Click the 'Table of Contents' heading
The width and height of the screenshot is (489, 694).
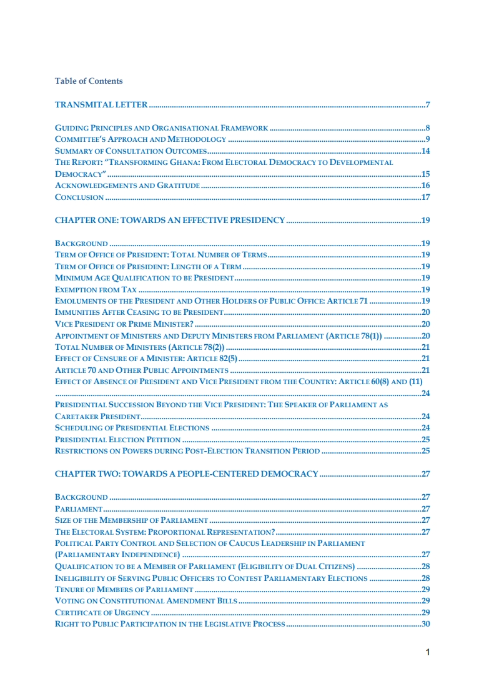pyautogui.click(x=89, y=81)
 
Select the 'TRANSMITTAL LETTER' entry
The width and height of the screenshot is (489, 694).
pyautogui.click(x=101, y=104)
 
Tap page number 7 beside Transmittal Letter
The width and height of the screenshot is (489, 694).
pyautogui.click(x=428, y=104)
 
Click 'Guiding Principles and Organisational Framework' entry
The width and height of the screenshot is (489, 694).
pyautogui.click(x=161, y=128)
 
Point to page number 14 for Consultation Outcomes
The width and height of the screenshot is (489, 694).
pyautogui.click(x=426, y=151)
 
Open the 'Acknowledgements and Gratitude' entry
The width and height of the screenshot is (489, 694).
pyautogui.click(x=127, y=186)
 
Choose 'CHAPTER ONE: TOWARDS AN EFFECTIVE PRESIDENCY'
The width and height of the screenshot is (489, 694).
pyautogui.click(x=170, y=220)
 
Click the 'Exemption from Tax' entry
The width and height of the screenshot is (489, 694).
pyautogui.click(x=96, y=290)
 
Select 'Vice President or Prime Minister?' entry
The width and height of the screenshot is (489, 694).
pyautogui.click(x=124, y=324)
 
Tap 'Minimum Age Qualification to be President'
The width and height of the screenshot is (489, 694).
pyautogui.click(x=144, y=278)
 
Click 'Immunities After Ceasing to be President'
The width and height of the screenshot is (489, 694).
pyautogui.click(x=139, y=312)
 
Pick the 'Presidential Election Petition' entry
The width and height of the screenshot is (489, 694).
pyautogui.click(x=118, y=439)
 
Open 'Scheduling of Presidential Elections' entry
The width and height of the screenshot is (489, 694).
pyautogui.click(x=132, y=428)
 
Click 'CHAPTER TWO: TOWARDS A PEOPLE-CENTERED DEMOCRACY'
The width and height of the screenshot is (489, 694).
pyautogui.click(x=187, y=473)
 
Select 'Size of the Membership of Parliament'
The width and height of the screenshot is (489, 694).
pyautogui.click(x=131, y=520)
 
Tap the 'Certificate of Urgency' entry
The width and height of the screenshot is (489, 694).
pyautogui.click(x=102, y=612)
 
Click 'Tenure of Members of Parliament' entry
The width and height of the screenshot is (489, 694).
pyautogui.click(x=124, y=589)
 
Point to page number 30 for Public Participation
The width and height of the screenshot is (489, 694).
pyautogui.click(x=426, y=623)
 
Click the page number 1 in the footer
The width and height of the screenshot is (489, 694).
pyautogui.click(x=428, y=653)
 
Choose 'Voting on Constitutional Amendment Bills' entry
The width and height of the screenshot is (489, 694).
pyautogui.click(x=146, y=601)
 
